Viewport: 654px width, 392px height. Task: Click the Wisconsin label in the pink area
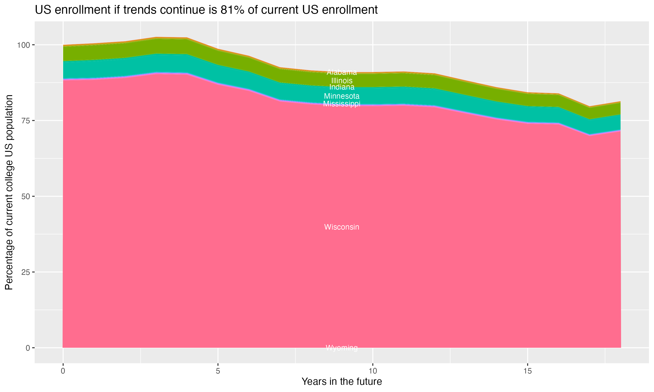pyautogui.click(x=342, y=227)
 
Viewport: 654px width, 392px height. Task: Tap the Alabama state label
pyautogui.click(x=342, y=72)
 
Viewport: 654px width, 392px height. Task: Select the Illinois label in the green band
pyautogui.click(x=342, y=80)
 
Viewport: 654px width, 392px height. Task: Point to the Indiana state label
pyautogui.click(x=342, y=87)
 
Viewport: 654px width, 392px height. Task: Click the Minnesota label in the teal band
pyautogui.click(x=342, y=96)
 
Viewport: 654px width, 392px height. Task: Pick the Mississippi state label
pyautogui.click(x=342, y=104)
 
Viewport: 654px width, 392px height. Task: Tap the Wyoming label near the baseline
pyautogui.click(x=342, y=348)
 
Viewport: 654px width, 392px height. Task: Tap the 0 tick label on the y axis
pyautogui.click(x=27, y=348)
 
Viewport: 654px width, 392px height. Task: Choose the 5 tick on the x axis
pyautogui.click(x=218, y=371)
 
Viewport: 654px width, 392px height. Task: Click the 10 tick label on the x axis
pyautogui.click(x=373, y=371)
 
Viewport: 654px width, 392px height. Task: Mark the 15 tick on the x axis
pyautogui.click(x=528, y=371)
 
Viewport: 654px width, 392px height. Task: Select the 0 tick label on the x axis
pyautogui.click(x=63, y=371)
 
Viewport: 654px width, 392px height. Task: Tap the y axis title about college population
pyautogui.click(x=9, y=192)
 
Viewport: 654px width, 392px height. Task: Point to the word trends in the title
pyautogui.click(x=139, y=10)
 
